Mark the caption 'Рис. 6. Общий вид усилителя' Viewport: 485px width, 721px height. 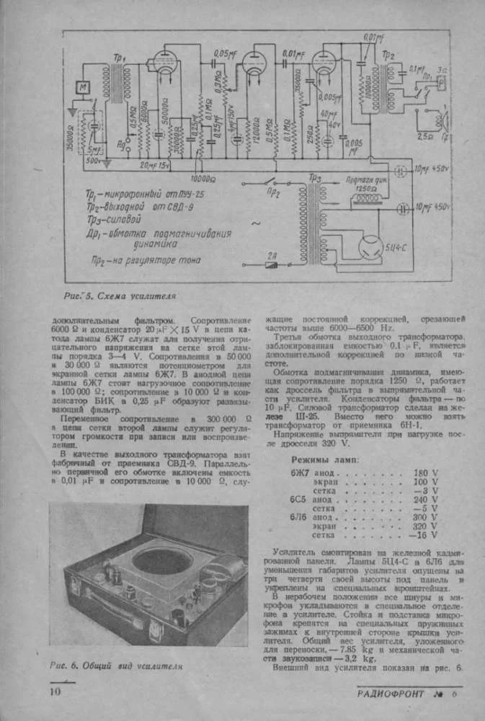pos(117,665)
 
